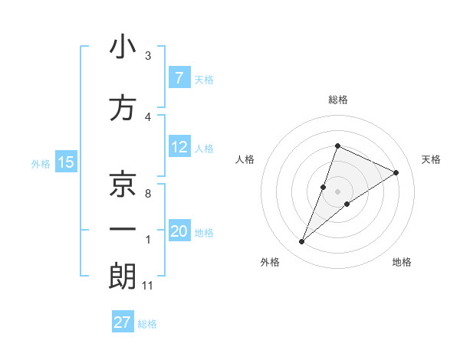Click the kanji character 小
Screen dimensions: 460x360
click(123, 47)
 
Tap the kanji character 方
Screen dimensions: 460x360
click(123, 108)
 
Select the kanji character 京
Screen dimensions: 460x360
click(123, 184)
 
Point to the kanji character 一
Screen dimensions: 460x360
click(123, 231)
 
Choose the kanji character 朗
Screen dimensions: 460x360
click(123, 277)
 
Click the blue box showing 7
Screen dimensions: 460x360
click(179, 77)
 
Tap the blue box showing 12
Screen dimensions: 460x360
click(179, 147)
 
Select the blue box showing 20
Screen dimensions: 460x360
click(179, 231)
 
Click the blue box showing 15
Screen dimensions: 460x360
click(66, 162)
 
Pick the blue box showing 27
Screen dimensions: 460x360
click(123, 322)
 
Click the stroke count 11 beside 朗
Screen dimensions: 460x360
click(147, 286)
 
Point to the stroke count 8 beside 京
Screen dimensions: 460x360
click(147, 194)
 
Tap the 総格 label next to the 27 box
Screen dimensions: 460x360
click(147, 324)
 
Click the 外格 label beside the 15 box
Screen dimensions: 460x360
click(41, 163)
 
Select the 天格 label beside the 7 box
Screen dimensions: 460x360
click(204, 79)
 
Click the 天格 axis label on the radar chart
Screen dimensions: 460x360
click(432, 159)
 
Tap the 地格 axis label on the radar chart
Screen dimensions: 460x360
click(402, 262)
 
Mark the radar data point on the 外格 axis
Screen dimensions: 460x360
click(301, 242)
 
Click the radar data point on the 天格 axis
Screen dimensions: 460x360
click(396, 172)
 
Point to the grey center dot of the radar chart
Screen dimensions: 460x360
click(337, 191)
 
